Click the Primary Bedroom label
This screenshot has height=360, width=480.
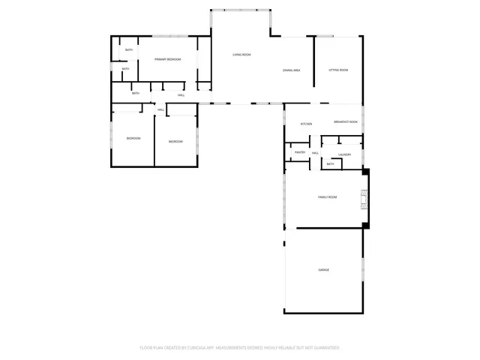(167, 58)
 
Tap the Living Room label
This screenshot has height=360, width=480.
(241, 55)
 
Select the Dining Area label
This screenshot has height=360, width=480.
(292, 70)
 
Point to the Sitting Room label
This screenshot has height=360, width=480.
(338, 70)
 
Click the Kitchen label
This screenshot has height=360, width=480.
(306, 123)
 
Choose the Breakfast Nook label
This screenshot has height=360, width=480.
(345, 122)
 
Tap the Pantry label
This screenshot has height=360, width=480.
(300, 152)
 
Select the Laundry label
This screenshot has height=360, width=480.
(344, 154)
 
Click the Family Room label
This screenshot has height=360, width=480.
(327, 196)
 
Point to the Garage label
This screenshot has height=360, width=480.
(323, 269)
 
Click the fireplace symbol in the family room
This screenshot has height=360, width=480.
(364, 198)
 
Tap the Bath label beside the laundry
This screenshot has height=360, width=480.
(330, 163)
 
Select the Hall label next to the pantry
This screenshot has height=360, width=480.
(316, 153)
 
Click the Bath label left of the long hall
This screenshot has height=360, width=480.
(136, 93)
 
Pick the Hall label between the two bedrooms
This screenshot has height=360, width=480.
(160, 110)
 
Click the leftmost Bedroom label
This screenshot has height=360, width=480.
(133, 138)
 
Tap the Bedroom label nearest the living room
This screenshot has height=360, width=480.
(175, 141)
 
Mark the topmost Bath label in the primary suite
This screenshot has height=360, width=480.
(128, 50)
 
